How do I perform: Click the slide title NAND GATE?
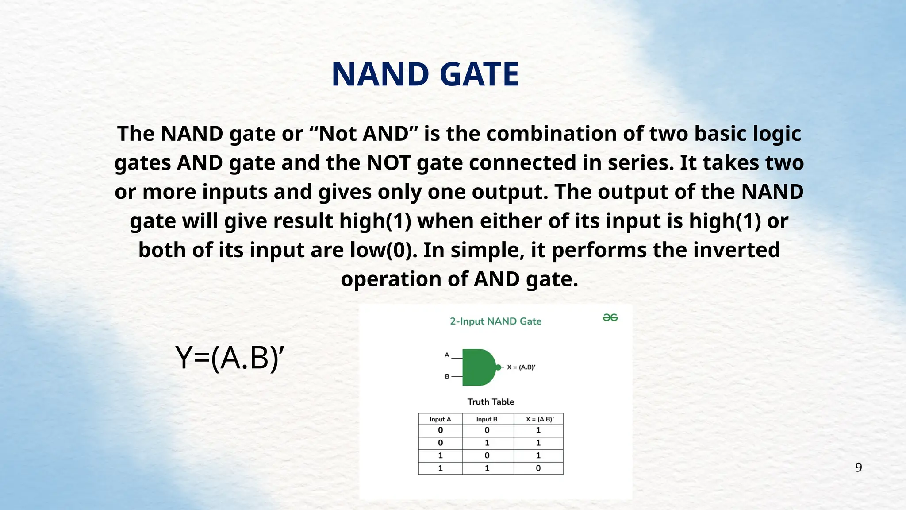point(425,74)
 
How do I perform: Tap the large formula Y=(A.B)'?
point(229,358)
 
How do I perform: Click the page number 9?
point(858,467)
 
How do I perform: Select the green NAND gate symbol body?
point(477,367)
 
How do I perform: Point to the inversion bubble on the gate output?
point(499,367)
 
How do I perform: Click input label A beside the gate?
point(447,355)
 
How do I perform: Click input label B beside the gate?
point(447,376)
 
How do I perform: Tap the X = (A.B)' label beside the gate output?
point(521,367)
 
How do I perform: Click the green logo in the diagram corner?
point(610,318)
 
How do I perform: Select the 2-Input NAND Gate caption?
point(495,321)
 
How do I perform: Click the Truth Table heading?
point(491,402)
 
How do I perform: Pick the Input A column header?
point(440,419)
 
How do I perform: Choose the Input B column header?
point(487,419)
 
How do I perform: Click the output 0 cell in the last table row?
point(538,468)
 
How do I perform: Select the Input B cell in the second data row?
point(487,443)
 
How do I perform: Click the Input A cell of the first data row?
point(440,430)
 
